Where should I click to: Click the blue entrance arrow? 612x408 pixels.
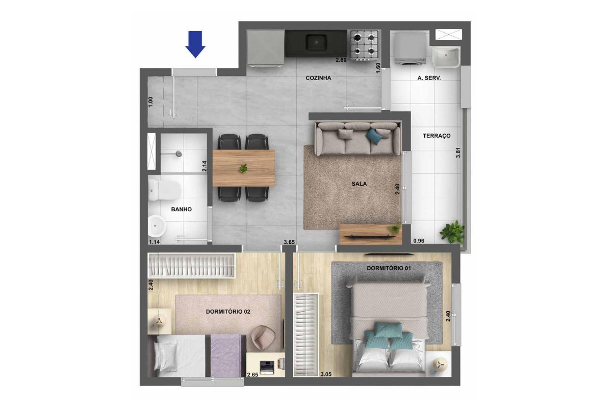coord(195,44)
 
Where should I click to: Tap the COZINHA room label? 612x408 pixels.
coord(318,78)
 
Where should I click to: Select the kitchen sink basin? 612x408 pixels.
coord(316,43)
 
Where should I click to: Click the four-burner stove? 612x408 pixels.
coord(363,45)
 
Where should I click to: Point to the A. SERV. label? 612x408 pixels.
coord(429,78)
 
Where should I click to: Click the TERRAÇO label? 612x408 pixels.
coord(437,136)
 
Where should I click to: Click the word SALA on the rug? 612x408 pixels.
coord(359,184)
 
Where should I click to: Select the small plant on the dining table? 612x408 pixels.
coord(243,168)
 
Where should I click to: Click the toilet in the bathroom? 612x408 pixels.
coord(164,190)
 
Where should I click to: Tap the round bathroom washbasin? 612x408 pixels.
coord(157,226)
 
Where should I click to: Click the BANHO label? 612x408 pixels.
coord(182,209)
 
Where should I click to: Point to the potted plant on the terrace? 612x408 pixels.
coord(452,233)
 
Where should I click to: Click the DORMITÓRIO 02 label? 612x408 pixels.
coord(228,312)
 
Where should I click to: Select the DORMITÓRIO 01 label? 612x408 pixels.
coord(389,268)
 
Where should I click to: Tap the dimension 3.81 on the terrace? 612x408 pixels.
coord(458,152)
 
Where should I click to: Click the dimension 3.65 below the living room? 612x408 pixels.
coord(289,242)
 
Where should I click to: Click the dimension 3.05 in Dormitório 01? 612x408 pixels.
coord(326,374)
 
